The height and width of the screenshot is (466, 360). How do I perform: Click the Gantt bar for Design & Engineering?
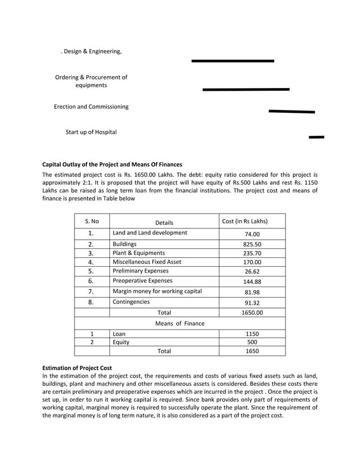pos(232,61)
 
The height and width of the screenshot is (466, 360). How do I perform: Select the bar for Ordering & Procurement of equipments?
pos(245,89)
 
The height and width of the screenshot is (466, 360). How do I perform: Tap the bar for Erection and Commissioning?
pos(291,112)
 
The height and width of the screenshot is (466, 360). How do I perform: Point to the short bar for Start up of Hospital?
pos(317,137)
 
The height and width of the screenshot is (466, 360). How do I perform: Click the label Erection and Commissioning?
pos(91,107)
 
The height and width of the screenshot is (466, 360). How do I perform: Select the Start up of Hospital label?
pos(91,132)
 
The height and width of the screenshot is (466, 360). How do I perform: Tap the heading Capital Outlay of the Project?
pos(112,165)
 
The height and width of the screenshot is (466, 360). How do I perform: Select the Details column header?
pos(164,222)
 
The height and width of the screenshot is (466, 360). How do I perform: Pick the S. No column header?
pos(91,222)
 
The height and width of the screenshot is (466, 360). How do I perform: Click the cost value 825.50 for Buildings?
pos(252,244)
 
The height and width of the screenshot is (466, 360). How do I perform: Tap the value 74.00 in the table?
pos(252,234)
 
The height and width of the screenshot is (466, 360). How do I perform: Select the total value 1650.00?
pos(252,312)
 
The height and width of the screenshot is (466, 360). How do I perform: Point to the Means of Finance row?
pos(179,323)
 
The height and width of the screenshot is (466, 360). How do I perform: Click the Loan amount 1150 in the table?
pos(252,333)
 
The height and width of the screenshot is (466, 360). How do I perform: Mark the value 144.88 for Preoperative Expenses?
pos(252,282)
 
